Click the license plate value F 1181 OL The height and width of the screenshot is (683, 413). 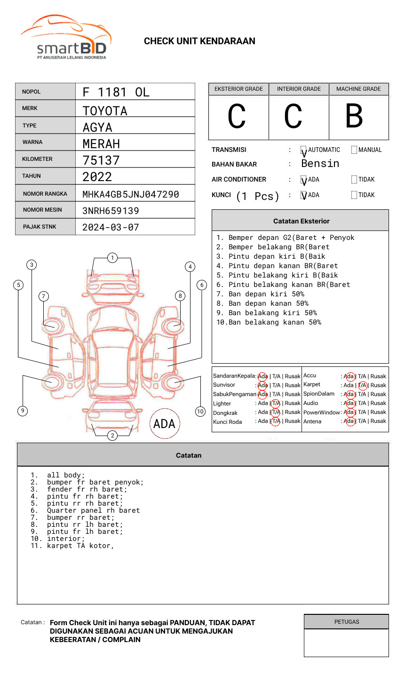[116, 92]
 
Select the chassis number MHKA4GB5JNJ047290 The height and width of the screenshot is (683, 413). [130, 194]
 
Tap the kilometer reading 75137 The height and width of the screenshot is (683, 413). [101, 160]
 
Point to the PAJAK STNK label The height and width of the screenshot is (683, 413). [40, 227]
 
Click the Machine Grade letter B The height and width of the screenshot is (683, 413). [354, 116]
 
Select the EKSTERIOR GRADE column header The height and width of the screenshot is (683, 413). [238, 89]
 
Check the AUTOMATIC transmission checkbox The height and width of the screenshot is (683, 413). [303, 150]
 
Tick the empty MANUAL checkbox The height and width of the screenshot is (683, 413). [354, 150]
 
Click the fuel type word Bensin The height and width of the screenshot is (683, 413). [320, 164]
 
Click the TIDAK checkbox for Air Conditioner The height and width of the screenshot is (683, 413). [354, 180]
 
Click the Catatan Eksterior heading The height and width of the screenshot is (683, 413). [301, 221]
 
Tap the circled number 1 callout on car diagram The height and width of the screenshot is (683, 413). [112, 257]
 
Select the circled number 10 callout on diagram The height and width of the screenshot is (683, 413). [200, 412]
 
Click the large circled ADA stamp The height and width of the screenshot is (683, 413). [165, 423]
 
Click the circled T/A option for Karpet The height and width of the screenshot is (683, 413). [362, 385]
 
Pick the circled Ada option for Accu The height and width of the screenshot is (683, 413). [349, 376]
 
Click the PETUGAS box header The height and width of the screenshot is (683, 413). [346, 622]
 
